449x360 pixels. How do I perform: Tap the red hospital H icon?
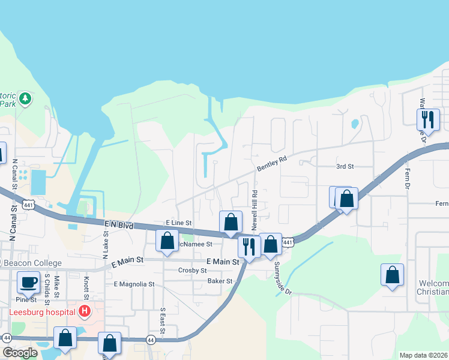click(x=85, y=311)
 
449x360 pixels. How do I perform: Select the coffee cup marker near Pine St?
click(x=28, y=282)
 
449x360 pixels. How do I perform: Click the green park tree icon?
click(x=25, y=98)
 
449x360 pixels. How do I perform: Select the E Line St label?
click(x=178, y=222)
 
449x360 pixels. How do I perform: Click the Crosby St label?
click(x=193, y=271)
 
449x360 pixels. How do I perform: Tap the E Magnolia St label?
click(x=134, y=284)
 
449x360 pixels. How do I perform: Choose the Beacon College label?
click(x=32, y=263)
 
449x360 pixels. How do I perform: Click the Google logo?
click(x=19, y=353)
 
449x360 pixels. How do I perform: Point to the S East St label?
click(x=162, y=319)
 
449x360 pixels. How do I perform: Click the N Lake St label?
click(x=106, y=236)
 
